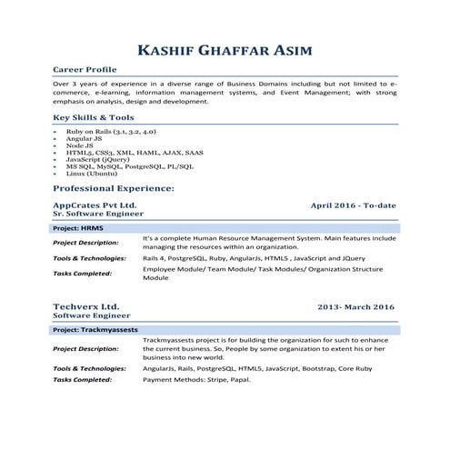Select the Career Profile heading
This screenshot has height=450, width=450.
pos(85,69)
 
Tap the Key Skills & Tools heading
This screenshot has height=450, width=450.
pos(94,118)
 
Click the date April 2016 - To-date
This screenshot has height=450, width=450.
pos(354,205)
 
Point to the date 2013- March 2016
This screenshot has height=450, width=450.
pos(356,307)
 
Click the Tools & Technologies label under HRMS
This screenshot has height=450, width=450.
pos(89,258)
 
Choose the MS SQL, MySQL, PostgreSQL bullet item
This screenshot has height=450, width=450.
pos(116,166)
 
